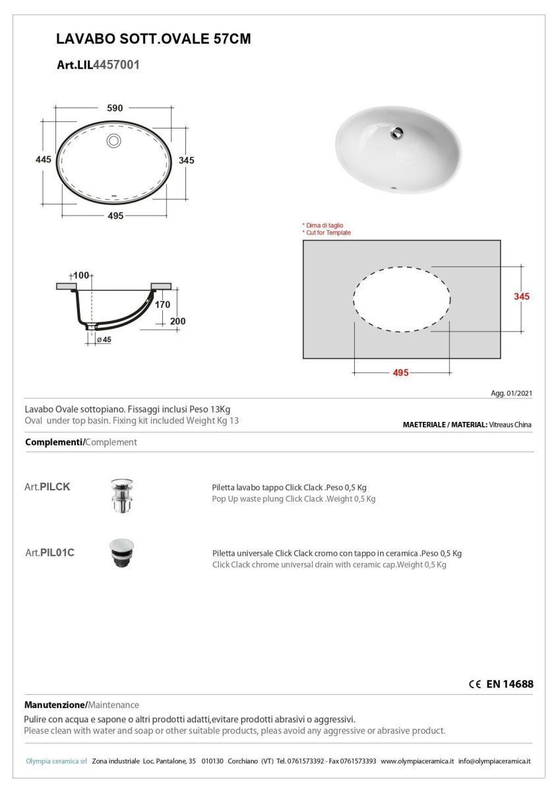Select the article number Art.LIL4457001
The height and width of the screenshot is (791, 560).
[x=98, y=65]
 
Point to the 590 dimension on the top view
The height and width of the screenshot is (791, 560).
[x=115, y=108]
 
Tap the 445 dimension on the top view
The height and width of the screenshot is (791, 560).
[x=44, y=160]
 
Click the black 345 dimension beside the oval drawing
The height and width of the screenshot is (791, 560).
[x=186, y=160]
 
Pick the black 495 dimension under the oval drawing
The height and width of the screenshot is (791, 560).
[x=115, y=216]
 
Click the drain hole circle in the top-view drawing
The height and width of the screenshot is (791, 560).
[x=113, y=140]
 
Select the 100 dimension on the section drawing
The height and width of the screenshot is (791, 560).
[x=81, y=275]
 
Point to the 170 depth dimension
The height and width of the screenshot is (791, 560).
[x=162, y=305]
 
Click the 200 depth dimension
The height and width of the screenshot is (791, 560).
[x=177, y=322]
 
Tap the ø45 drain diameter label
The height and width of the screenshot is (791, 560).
[x=104, y=339]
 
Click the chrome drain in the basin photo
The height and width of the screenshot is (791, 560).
[x=397, y=132]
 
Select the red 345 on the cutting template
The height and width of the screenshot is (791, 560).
[x=522, y=297]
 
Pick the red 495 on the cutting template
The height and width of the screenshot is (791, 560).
[x=400, y=372]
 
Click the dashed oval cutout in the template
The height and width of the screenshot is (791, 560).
[x=402, y=299]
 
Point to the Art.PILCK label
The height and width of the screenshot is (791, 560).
[x=47, y=487]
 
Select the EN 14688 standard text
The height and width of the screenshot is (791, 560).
[x=509, y=684]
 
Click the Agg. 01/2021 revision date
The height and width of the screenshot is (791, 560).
[x=512, y=394]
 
